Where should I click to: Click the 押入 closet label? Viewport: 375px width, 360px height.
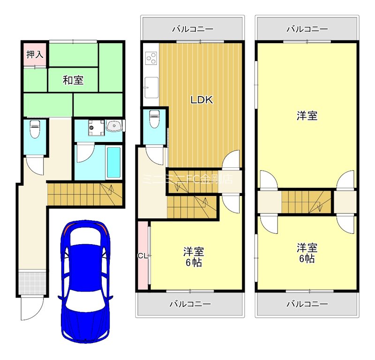point(35,54)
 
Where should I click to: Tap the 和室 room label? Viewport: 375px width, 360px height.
point(73,80)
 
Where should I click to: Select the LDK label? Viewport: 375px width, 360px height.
point(202,100)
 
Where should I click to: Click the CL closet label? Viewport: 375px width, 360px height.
point(142,255)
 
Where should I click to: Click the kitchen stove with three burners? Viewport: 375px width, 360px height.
point(151,58)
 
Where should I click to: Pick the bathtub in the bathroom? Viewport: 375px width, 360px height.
point(113,162)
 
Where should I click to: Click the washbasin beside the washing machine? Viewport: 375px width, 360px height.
point(113,126)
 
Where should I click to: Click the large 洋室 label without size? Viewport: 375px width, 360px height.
point(307,116)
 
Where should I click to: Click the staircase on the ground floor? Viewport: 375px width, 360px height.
point(84,194)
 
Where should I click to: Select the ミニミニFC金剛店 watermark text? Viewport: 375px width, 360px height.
point(187,179)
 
